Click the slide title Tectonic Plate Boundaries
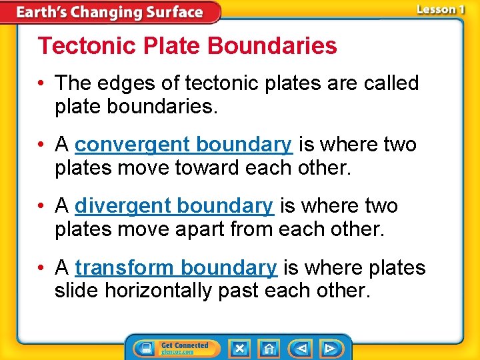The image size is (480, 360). [187, 46]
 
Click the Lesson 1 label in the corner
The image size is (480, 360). [440, 9]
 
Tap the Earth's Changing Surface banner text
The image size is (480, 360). [109, 12]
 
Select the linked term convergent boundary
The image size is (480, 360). [183, 145]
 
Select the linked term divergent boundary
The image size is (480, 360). [174, 206]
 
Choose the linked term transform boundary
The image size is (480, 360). [176, 267]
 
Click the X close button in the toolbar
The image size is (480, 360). [239, 348]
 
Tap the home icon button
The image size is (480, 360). [269, 348]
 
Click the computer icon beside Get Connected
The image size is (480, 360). [145, 348]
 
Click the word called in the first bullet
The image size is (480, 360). [389, 83]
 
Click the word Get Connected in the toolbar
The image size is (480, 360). [185, 345]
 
